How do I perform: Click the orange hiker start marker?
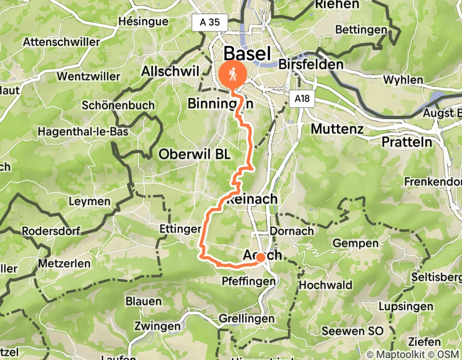click(x=233, y=75)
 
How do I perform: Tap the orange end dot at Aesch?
click(x=261, y=257)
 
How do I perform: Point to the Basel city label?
click(x=247, y=53)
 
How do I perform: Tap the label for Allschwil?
click(x=169, y=71)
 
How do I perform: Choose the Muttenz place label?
click(x=337, y=128)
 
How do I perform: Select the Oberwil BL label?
click(x=194, y=154)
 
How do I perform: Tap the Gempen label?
click(x=356, y=243)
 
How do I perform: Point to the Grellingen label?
click(x=247, y=319)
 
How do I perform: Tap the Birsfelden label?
click(x=310, y=65)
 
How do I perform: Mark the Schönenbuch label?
click(x=118, y=105)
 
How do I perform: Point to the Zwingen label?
click(x=157, y=326)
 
